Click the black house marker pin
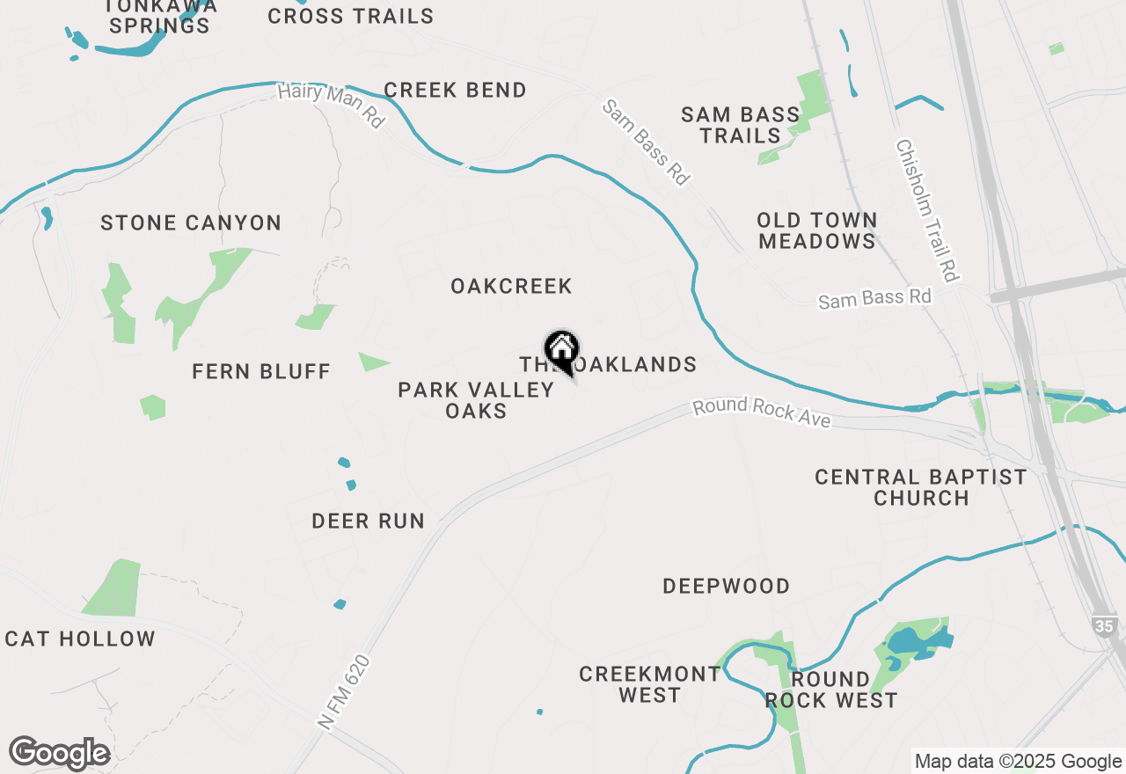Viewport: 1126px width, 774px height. click(561, 352)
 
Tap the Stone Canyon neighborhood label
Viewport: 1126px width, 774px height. click(191, 223)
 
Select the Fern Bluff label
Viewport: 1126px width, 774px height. click(261, 372)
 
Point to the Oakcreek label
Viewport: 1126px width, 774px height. click(511, 287)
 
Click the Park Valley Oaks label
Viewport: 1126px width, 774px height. click(476, 400)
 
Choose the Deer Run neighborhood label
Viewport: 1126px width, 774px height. click(369, 522)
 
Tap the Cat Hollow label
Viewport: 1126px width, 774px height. click(80, 639)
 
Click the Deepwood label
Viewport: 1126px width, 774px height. click(726, 587)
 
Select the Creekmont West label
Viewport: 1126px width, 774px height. click(649, 684)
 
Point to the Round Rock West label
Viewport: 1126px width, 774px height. click(830, 690)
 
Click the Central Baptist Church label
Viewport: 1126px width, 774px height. click(920, 487)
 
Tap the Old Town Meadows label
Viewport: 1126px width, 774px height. click(817, 230)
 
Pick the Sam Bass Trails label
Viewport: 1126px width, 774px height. click(741, 125)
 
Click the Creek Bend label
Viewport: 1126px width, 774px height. click(455, 91)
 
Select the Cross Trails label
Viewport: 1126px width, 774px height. click(350, 17)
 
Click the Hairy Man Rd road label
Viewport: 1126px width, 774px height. click(331, 106)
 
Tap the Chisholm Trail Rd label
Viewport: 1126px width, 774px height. click(926, 210)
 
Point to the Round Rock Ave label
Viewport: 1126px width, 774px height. click(762, 413)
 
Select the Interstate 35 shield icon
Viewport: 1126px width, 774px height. click(1104, 626)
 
